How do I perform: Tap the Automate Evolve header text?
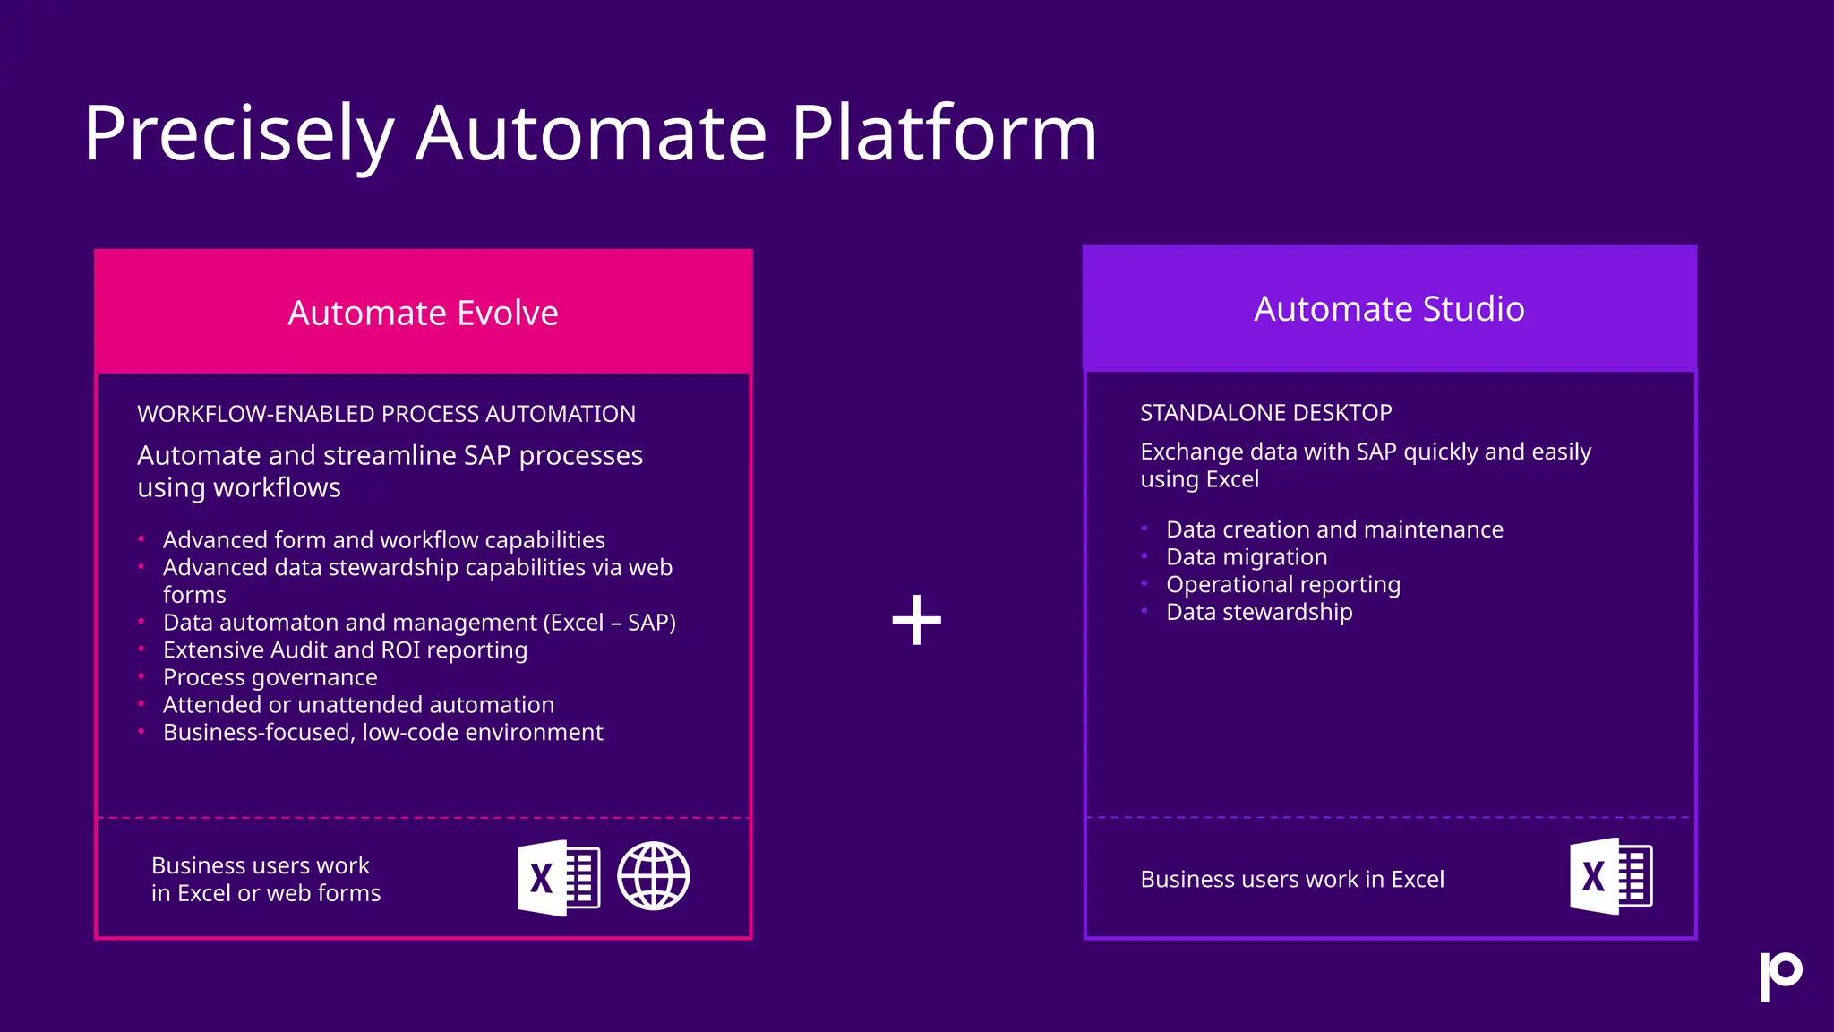click(423, 314)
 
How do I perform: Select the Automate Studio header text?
click(1389, 309)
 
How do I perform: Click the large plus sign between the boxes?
click(917, 620)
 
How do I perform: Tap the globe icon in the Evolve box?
click(654, 876)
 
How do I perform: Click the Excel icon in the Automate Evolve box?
click(558, 878)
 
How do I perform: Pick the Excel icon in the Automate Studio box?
click(1610, 876)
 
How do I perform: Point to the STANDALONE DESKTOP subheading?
click(1265, 413)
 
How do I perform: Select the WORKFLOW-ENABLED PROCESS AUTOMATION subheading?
click(386, 414)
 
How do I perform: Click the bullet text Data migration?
click(1247, 557)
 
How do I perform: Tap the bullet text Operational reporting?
click(1282, 585)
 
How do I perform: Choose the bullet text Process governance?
click(270, 677)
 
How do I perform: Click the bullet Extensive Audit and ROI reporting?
click(345, 650)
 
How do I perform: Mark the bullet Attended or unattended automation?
click(358, 705)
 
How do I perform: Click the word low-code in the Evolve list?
click(409, 733)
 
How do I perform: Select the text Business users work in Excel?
click(1291, 880)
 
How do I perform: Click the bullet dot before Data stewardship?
click(1144, 611)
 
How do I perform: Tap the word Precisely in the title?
click(238, 134)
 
